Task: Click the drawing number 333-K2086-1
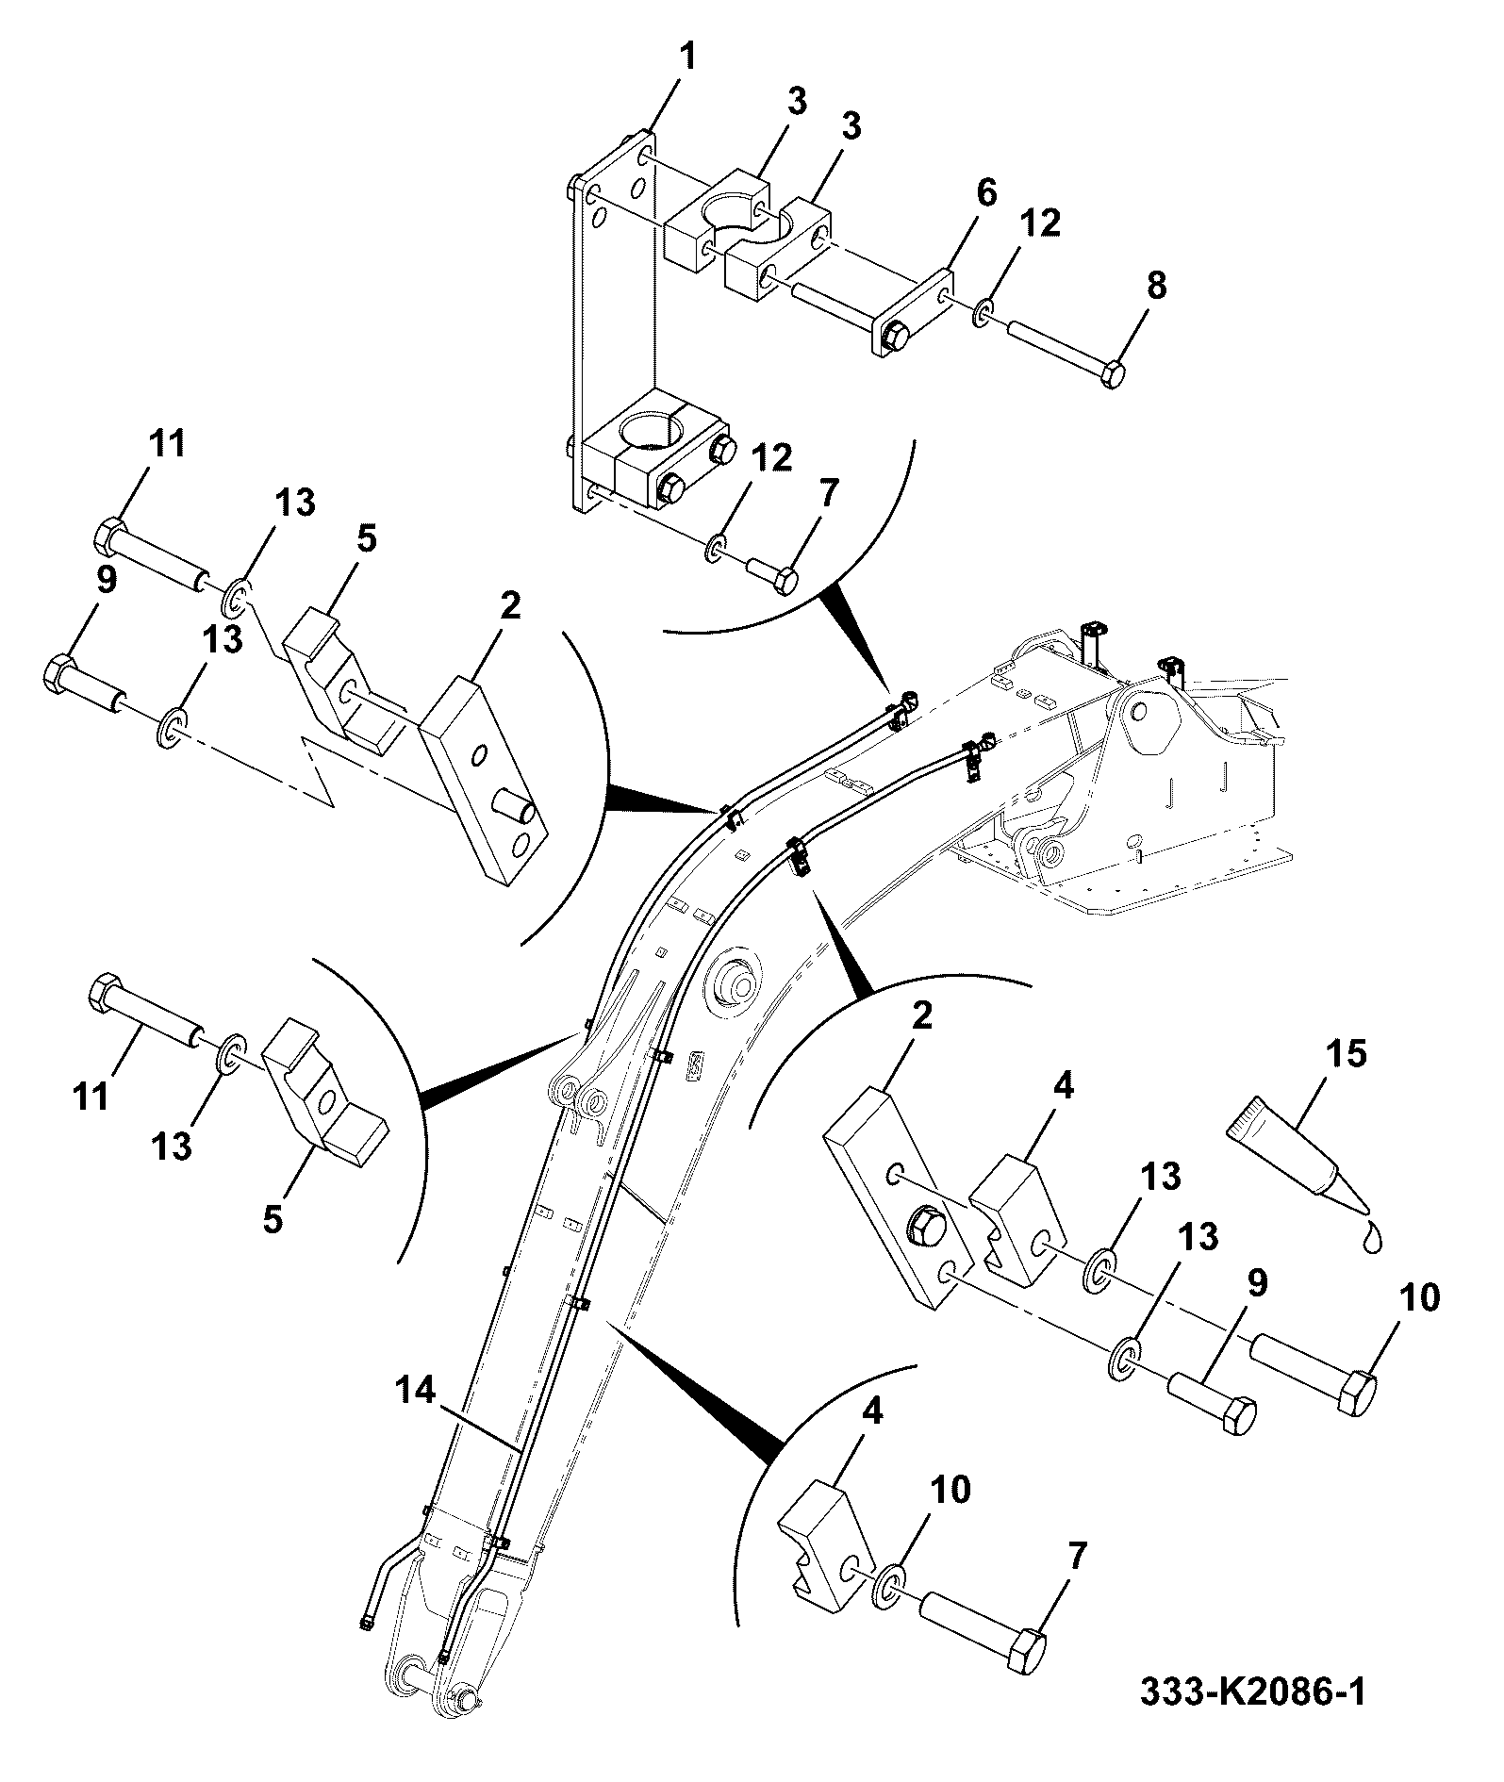tap(1251, 1719)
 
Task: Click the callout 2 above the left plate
tap(509, 605)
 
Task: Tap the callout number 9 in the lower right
tap(1255, 1282)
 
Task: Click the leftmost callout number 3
tap(798, 101)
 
